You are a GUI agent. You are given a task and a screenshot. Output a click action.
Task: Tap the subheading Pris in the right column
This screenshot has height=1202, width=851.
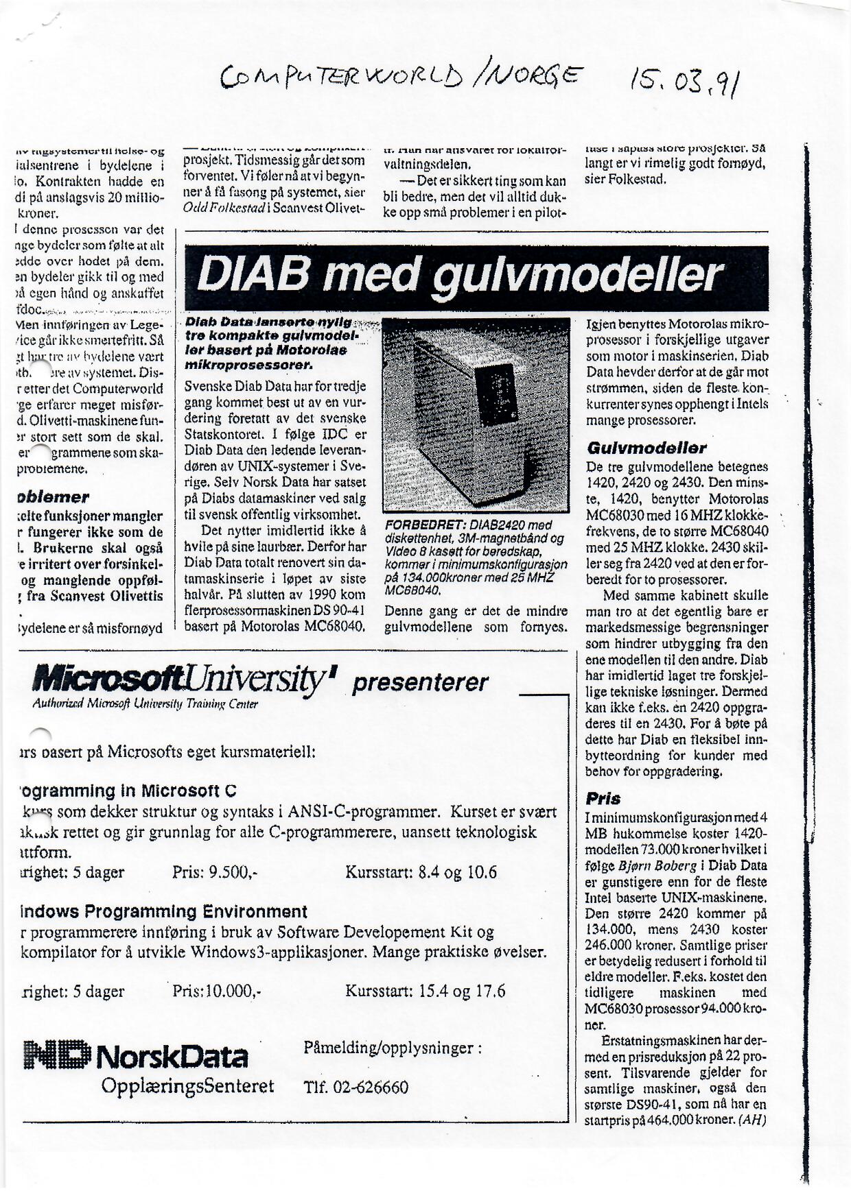click(x=603, y=799)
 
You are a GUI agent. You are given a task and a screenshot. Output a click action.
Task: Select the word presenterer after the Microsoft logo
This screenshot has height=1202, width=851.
click(x=419, y=683)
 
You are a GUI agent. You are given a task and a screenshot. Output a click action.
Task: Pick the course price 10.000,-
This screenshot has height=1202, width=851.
click(x=218, y=991)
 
